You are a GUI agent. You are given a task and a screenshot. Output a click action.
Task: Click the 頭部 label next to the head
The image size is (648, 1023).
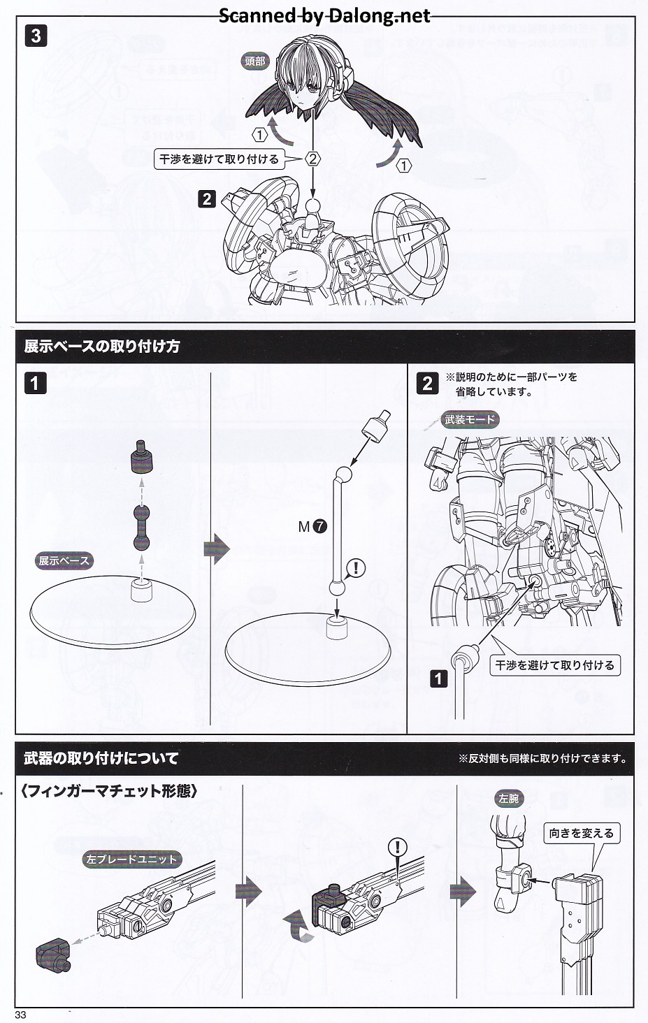[x=255, y=61]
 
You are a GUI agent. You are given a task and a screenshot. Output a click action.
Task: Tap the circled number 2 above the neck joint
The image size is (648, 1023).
[x=313, y=159]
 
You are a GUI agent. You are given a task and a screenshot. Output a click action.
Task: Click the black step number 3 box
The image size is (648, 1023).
[x=36, y=36]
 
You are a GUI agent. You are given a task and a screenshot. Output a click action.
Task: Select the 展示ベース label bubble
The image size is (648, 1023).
[x=64, y=560]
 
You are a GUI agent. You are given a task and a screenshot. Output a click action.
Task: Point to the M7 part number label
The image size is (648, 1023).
[x=312, y=527]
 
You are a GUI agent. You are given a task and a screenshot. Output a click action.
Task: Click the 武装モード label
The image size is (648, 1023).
[x=470, y=419]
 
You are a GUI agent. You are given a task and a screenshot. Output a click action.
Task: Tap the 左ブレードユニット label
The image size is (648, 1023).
[x=131, y=859]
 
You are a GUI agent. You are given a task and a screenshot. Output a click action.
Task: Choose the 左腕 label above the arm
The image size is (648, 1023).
[x=508, y=798]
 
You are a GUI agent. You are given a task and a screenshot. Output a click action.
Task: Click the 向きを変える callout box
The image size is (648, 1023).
[x=581, y=833]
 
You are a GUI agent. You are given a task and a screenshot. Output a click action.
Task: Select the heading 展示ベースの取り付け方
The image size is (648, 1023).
[x=102, y=347]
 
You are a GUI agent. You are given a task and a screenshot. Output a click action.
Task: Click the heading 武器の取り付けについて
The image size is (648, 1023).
[x=101, y=758]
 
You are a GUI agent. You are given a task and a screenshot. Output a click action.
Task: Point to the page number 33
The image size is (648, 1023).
[x=20, y=1015]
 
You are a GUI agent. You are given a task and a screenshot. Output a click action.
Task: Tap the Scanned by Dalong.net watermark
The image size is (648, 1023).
[x=324, y=15]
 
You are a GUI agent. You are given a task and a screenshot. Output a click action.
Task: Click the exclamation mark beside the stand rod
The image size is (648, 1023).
[x=356, y=567]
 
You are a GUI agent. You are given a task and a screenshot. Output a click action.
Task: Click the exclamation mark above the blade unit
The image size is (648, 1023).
[x=398, y=848]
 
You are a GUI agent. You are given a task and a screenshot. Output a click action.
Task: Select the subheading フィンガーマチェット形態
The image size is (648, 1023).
[x=109, y=792]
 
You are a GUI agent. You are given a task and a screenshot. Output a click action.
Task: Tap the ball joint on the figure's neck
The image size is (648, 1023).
[x=313, y=207]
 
